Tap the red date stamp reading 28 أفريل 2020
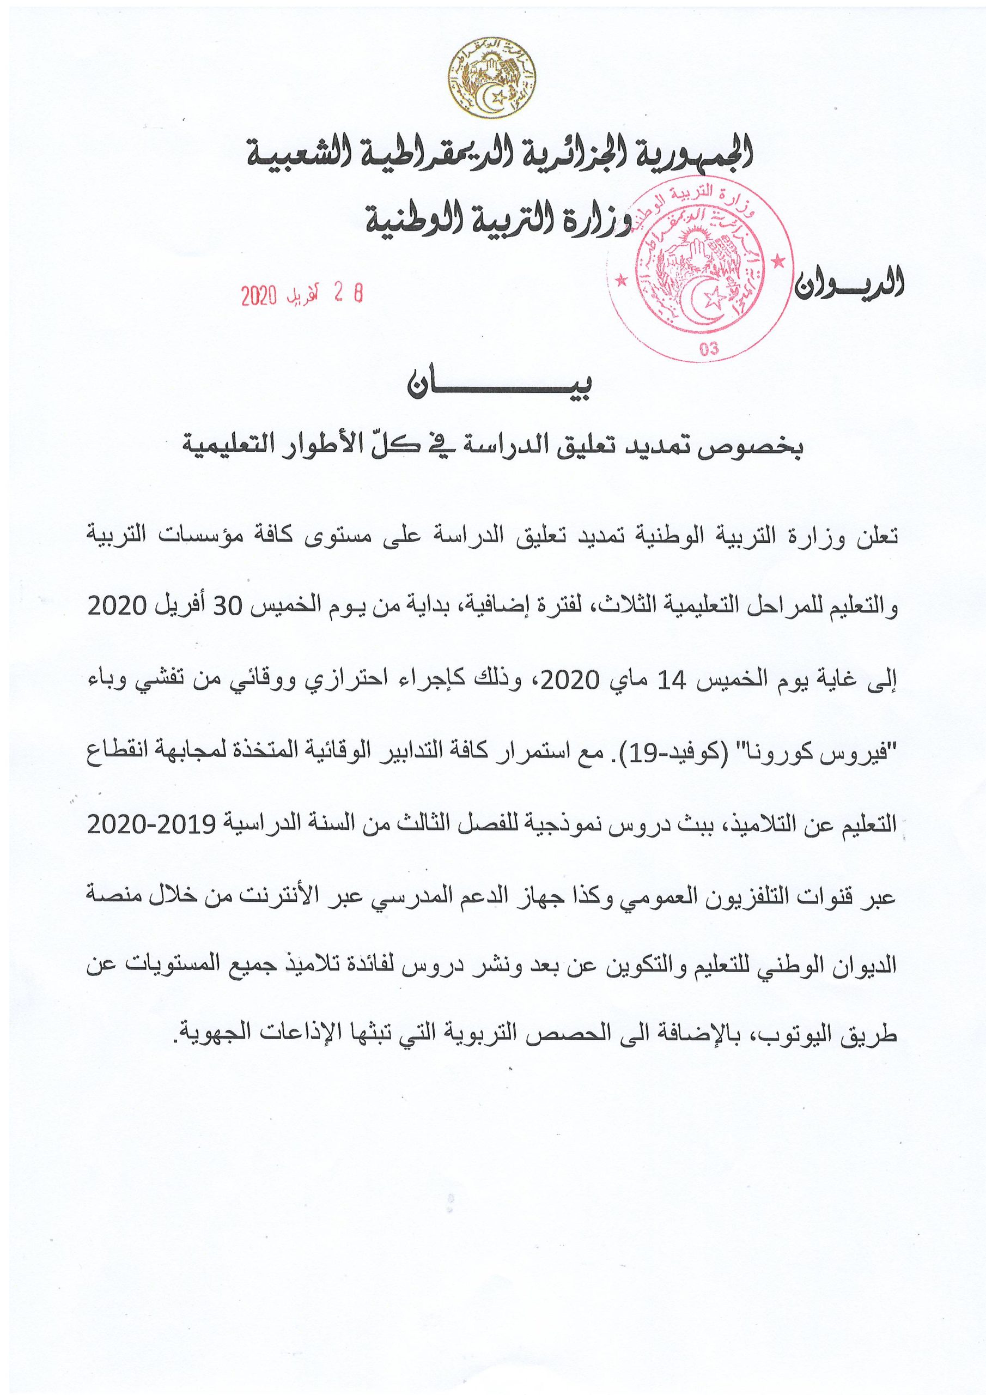pyautogui.click(x=301, y=295)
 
